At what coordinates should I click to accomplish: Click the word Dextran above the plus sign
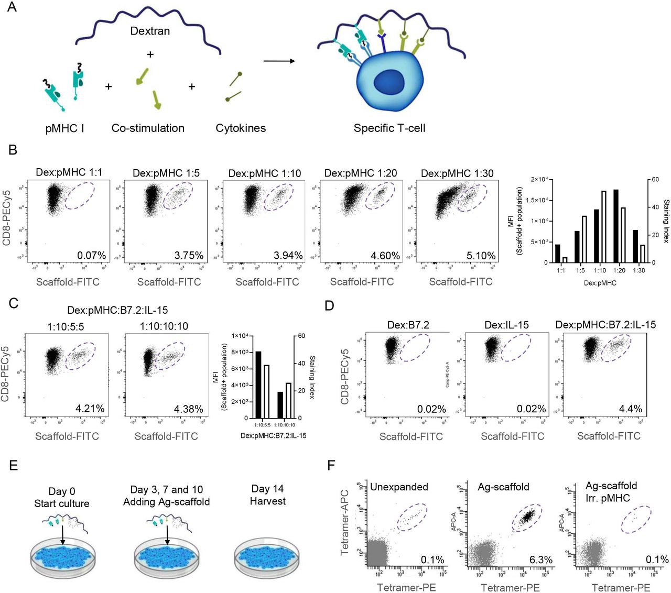click(150, 31)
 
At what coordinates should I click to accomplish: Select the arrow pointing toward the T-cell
click(279, 61)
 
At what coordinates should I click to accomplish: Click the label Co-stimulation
click(148, 128)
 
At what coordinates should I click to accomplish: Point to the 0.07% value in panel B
click(92, 256)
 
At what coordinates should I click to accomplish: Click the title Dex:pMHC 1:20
click(362, 173)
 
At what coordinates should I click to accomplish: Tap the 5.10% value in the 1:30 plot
click(481, 256)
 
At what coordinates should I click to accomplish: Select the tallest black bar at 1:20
click(616, 226)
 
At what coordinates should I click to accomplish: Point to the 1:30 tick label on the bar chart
click(638, 270)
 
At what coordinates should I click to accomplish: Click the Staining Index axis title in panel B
click(666, 221)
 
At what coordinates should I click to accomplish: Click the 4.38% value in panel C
click(189, 409)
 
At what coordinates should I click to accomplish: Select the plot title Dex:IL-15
click(506, 325)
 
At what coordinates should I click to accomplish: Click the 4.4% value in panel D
click(631, 409)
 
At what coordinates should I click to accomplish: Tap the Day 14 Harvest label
click(267, 495)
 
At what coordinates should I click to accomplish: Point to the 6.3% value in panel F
click(541, 559)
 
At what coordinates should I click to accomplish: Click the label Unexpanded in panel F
click(399, 487)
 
